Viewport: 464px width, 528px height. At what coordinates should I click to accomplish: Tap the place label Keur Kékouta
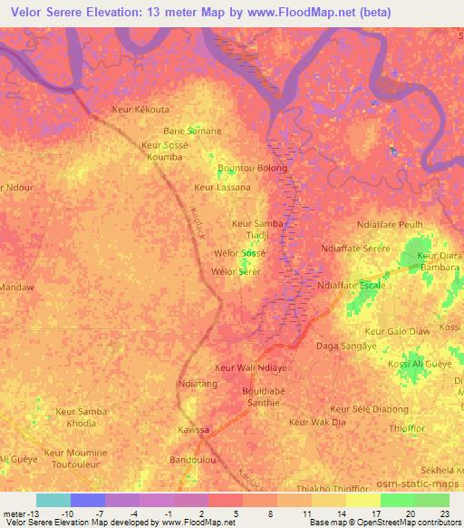click(x=140, y=109)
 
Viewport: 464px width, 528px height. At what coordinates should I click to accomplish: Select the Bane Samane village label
click(x=192, y=131)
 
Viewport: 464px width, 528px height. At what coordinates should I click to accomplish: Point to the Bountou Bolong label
click(x=253, y=169)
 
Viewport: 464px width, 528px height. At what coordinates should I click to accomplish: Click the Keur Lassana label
click(x=221, y=188)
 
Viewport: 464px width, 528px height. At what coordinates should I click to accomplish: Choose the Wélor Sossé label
click(x=237, y=252)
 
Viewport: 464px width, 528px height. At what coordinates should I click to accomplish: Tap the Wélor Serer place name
click(x=236, y=271)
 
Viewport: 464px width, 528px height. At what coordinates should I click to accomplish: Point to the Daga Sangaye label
click(x=344, y=347)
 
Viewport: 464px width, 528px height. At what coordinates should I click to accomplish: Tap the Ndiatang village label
click(x=199, y=384)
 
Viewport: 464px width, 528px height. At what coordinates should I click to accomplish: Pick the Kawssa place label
click(x=193, y=429)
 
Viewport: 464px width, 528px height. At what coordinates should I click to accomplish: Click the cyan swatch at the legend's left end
click(x=53, y=500)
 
